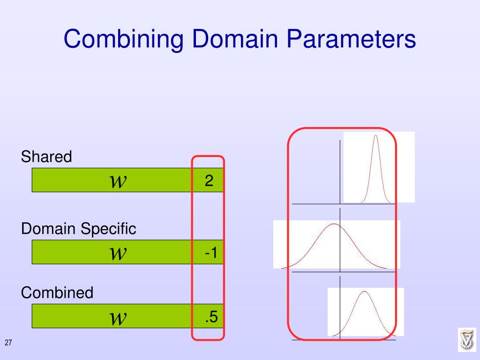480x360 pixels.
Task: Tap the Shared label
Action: (46, 157)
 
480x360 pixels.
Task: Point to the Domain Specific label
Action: (79, 229)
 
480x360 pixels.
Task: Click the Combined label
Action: (57, 293)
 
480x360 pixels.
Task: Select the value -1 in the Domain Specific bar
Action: (210, 253)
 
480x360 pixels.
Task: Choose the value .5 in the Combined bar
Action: (211, 317)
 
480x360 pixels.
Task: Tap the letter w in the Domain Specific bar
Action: (118, 253)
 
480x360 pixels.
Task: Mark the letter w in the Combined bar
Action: (118, 318)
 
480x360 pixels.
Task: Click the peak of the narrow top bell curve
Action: (375, 136)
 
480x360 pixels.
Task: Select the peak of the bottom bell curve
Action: (363, 292)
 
